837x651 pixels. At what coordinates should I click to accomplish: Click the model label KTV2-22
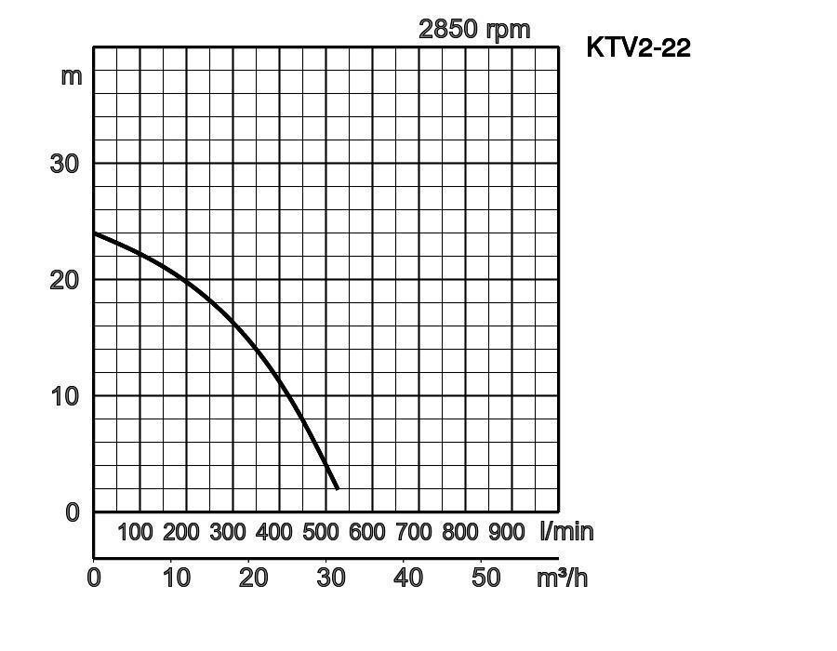[638, 47]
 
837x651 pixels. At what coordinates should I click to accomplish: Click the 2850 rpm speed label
[474, 29]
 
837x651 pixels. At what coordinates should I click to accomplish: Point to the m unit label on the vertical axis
[72, 75]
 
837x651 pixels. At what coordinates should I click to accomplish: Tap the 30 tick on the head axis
[64, 164]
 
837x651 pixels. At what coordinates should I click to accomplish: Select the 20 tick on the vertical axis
[64, 280]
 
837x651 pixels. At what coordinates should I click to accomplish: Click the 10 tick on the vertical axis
[64, 396]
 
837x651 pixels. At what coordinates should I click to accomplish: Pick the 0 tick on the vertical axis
[73, 512]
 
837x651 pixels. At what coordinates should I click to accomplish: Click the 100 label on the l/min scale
[135, 532]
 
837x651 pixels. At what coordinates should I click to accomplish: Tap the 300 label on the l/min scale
[228, 532]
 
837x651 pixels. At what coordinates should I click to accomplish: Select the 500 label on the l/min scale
[321, 532]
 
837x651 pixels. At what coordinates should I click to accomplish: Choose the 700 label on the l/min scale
[414, 532]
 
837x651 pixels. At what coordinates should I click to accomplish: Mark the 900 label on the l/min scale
[507, 532]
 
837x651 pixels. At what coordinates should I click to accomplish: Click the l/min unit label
[565, 532]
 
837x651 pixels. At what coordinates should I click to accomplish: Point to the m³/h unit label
[562, 578]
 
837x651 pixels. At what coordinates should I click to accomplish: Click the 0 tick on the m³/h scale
[94, 578]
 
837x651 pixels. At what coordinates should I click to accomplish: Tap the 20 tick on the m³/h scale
[253, 578]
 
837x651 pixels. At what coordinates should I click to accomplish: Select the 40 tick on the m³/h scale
[408, 578]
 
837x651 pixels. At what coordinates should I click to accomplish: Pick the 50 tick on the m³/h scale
[485, 578]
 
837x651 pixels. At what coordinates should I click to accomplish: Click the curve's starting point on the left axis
[95, 233]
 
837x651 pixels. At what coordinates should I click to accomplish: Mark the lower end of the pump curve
[337, 488]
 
